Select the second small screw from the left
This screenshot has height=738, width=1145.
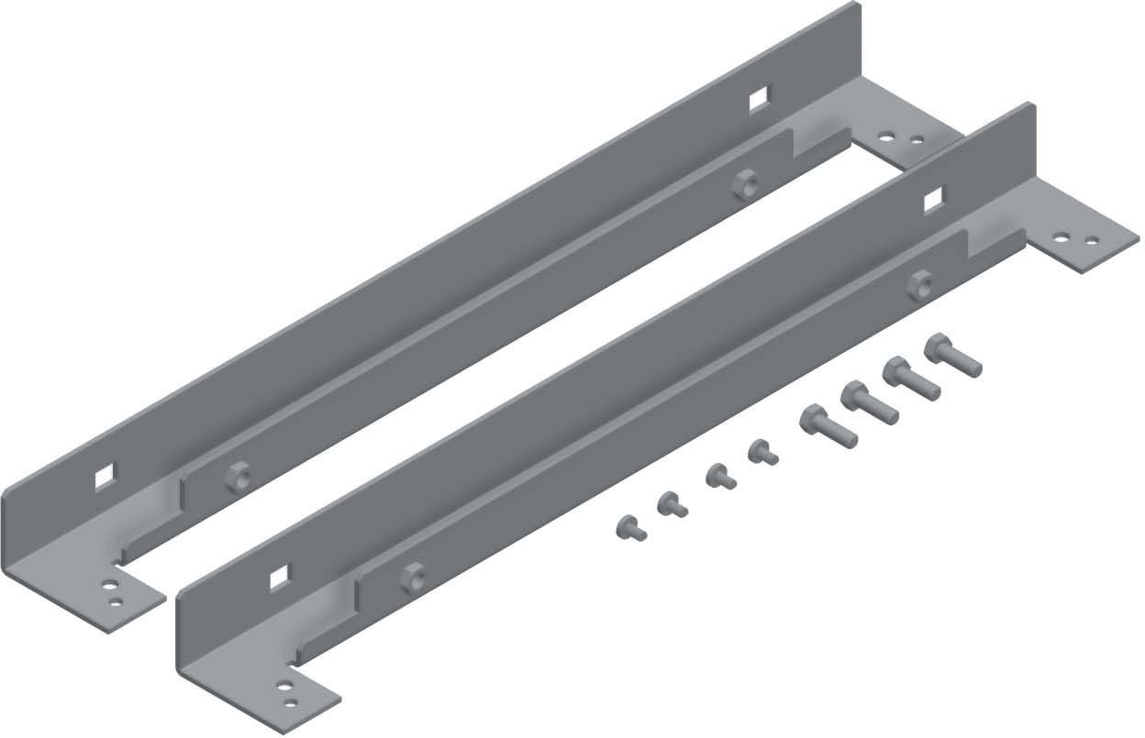point(672,502)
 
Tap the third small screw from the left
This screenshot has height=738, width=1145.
point(718,477)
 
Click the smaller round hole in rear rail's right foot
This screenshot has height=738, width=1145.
point(917,140)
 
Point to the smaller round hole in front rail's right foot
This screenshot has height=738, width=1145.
point(1092,241)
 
